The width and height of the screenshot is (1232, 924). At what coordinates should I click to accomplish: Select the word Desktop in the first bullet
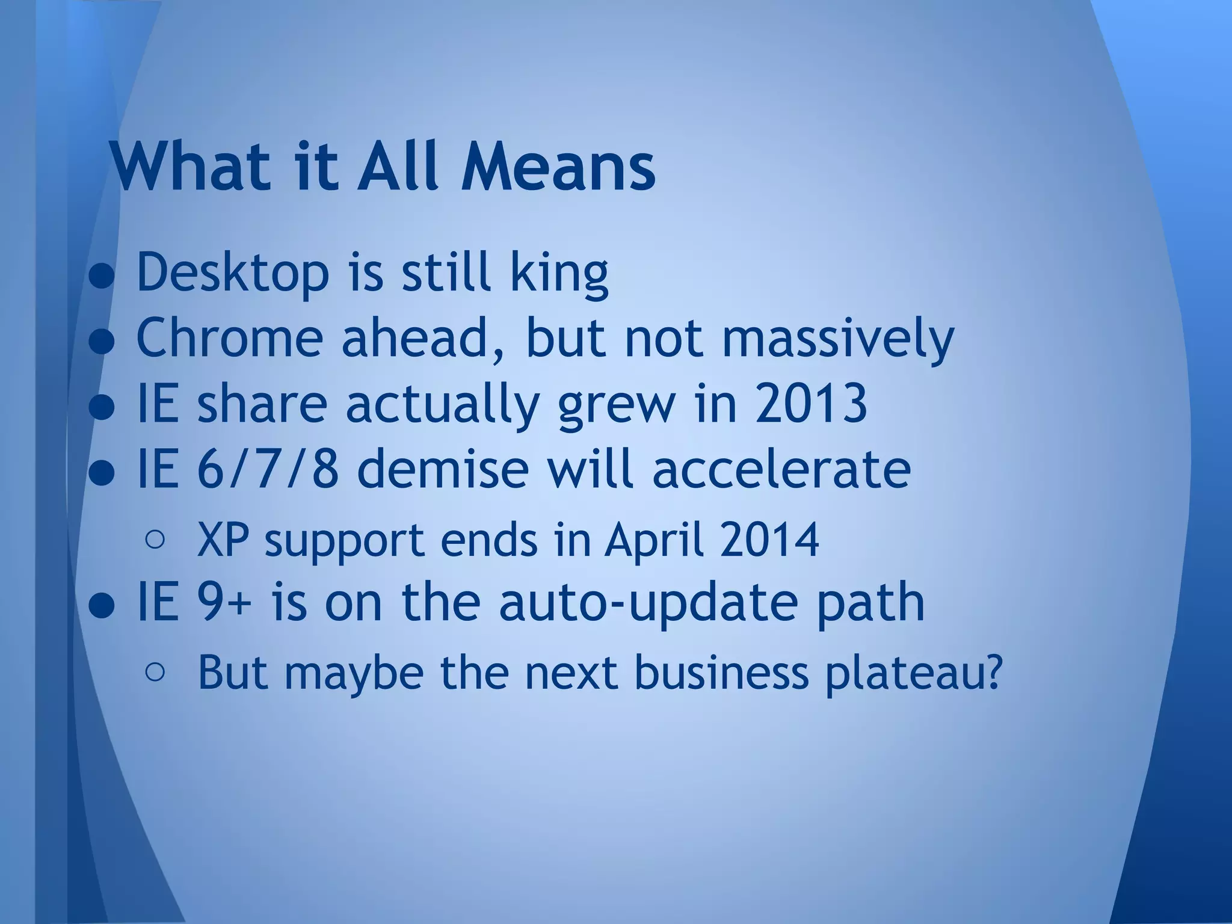233,273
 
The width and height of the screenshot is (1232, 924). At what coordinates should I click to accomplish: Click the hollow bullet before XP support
155,540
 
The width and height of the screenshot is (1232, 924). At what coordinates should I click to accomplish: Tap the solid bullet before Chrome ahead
102,340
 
